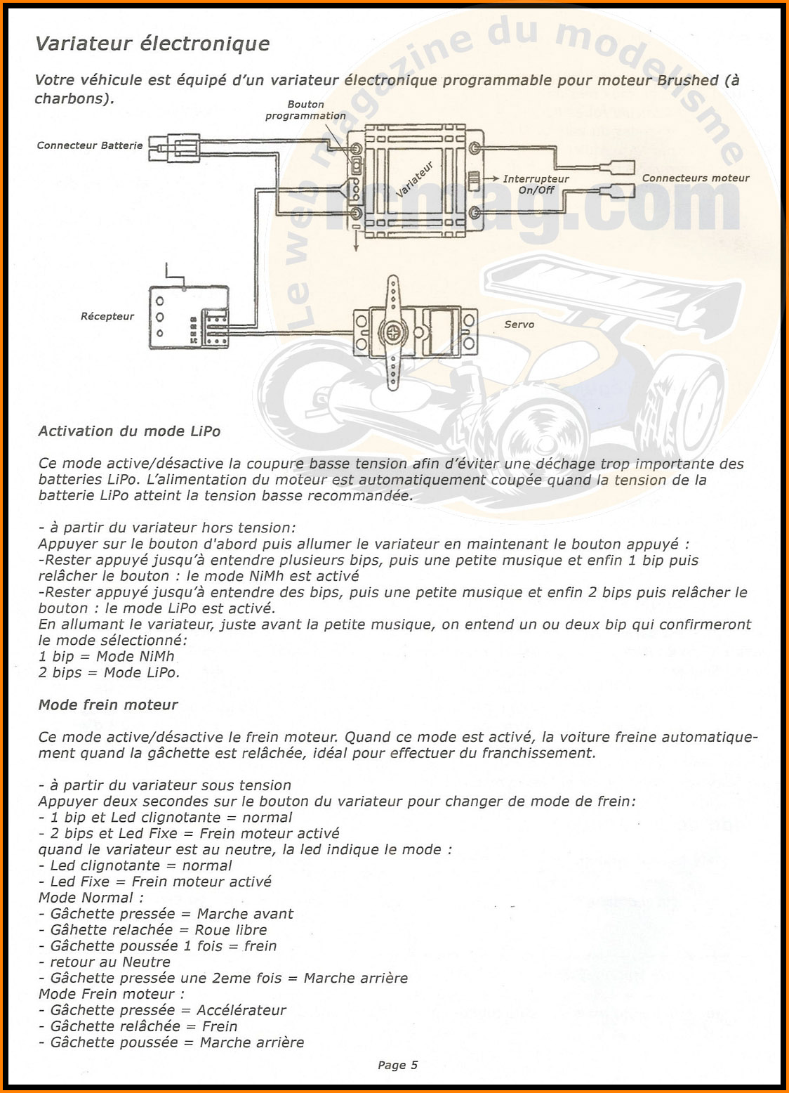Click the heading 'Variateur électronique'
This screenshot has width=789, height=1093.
coord(152,44)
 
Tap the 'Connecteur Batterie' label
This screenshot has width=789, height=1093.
coord(90,145)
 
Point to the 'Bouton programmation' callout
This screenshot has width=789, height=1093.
coord(305,110)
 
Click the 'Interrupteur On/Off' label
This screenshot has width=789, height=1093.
coord(536,184)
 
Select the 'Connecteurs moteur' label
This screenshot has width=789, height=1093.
coord(696,178)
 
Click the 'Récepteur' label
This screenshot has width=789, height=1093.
coord(107,316)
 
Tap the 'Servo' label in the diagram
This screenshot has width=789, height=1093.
coord(519,324)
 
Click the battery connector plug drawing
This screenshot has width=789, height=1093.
coord(175,147)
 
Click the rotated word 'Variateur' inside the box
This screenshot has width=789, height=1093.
coord(415,180)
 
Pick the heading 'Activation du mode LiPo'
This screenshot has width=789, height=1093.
coord(129,431)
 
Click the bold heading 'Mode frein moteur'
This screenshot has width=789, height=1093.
coord(108,705)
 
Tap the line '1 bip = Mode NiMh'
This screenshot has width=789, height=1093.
coord(106,656)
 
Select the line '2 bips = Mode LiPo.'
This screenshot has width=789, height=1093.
coord(109,672)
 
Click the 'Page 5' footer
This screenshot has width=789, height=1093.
coord(397,1065)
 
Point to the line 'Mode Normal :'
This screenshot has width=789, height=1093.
coord(91,898)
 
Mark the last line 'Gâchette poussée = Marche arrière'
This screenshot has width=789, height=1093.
coord(172,1042)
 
